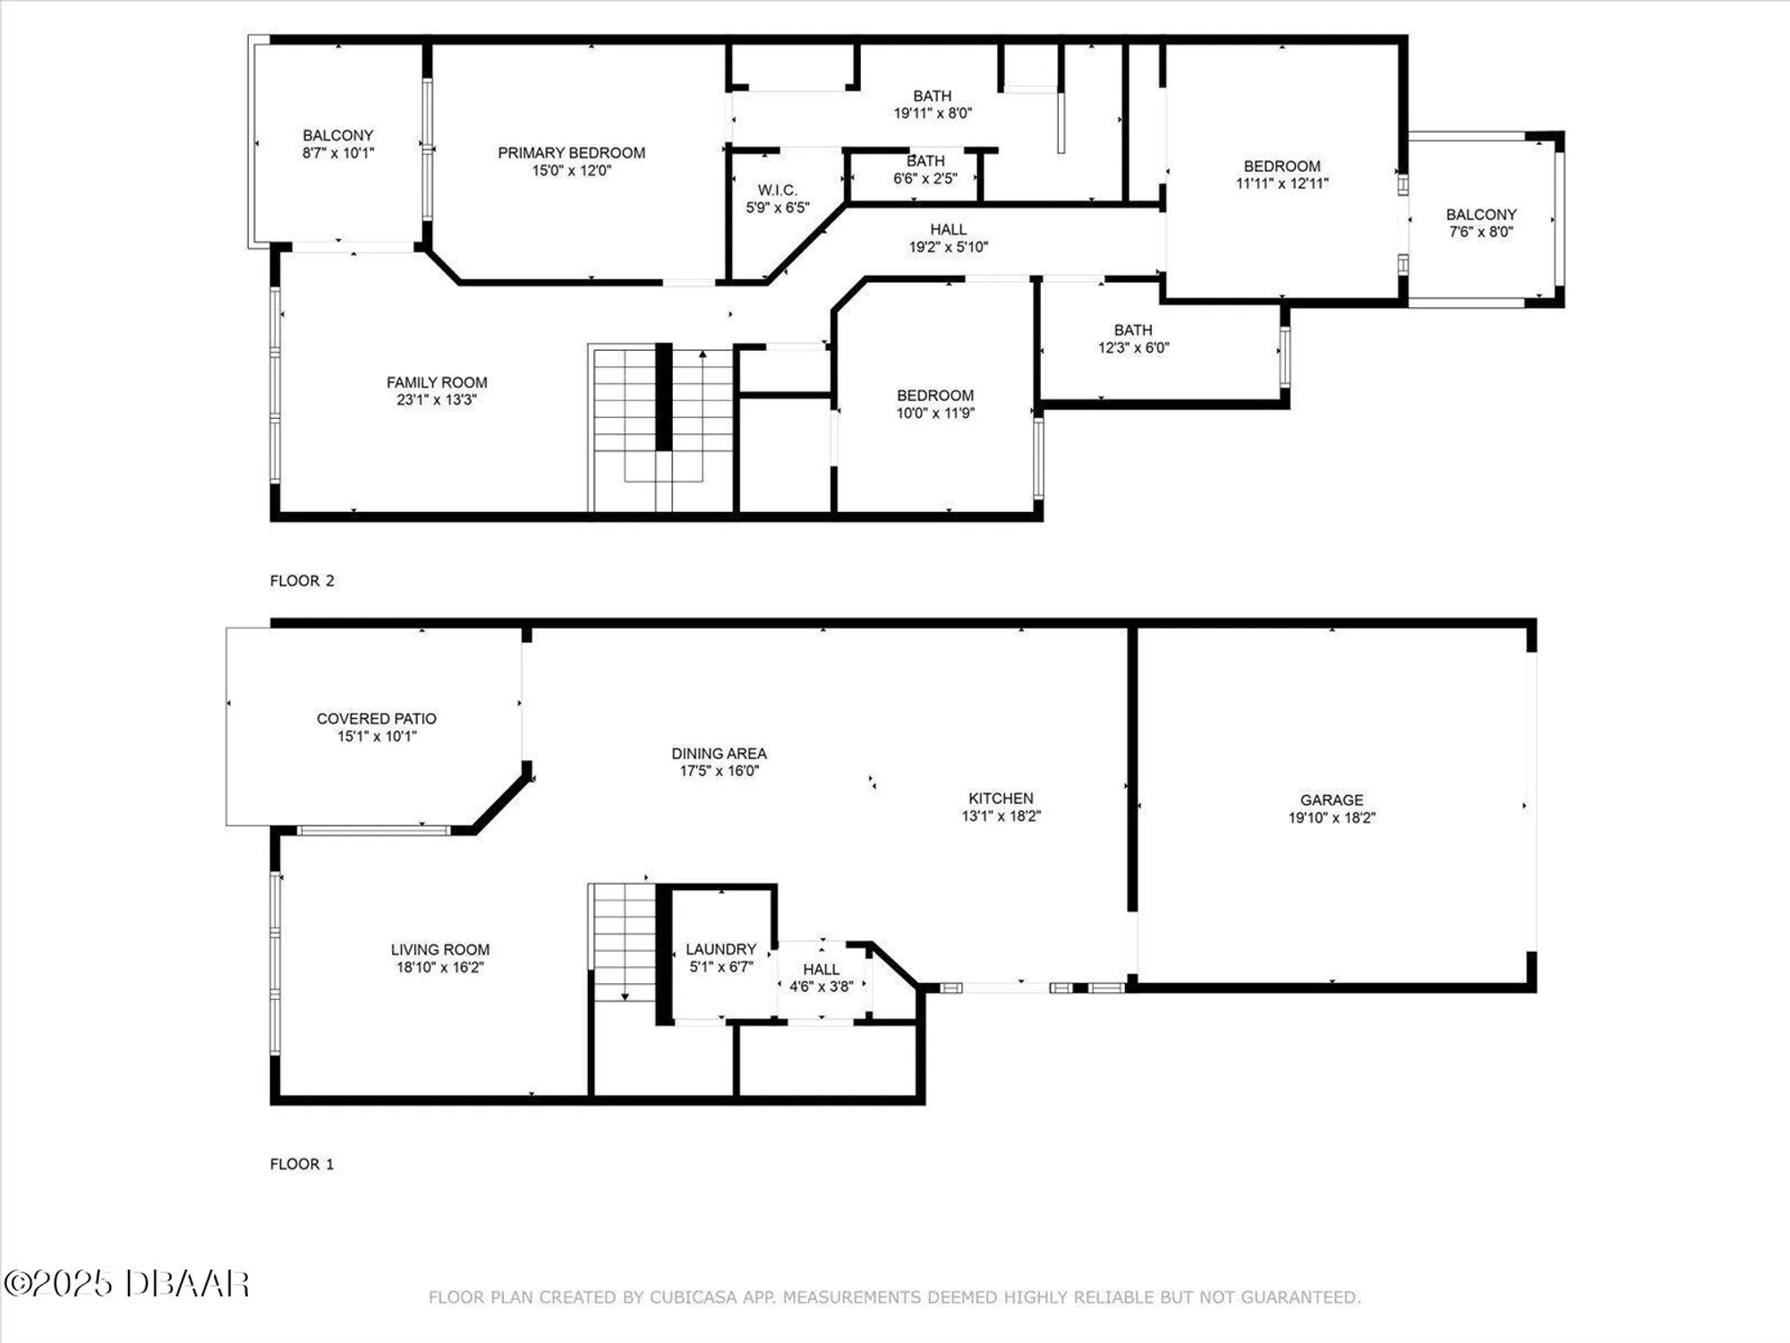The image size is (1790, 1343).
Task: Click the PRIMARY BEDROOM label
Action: click(571, 153)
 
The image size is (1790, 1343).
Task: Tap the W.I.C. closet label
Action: click(777, 190)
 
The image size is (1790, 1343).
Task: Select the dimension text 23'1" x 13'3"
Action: click(437, 399)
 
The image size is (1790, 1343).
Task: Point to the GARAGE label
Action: click(1332, 800)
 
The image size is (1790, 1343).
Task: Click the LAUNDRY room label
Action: click(720, 949)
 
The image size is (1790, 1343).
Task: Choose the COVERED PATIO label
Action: click(376, 718)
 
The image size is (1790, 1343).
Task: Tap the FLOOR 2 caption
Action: click(302, 580)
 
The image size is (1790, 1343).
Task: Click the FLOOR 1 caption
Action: click(302, 1164)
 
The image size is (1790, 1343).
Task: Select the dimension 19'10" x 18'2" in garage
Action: click(1332, 817)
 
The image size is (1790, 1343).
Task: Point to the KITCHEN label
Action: click(1001, 798)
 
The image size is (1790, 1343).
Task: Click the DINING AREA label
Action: click(719, 753)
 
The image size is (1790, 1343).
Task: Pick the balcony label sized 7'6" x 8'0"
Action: click(1481, 214)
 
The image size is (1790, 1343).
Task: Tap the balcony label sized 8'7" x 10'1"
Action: click(337, 135)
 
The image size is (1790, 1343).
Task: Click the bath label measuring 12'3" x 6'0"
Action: click(1133, 330)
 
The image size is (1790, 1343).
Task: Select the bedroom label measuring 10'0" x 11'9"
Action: click(935, 396)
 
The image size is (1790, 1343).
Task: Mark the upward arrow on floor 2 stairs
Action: click(703, 355)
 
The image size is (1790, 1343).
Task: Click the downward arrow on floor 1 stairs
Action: click(625, 996)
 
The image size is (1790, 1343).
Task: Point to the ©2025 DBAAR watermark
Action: click(126, 1283)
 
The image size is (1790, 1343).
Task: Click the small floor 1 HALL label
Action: click(821, 969)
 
